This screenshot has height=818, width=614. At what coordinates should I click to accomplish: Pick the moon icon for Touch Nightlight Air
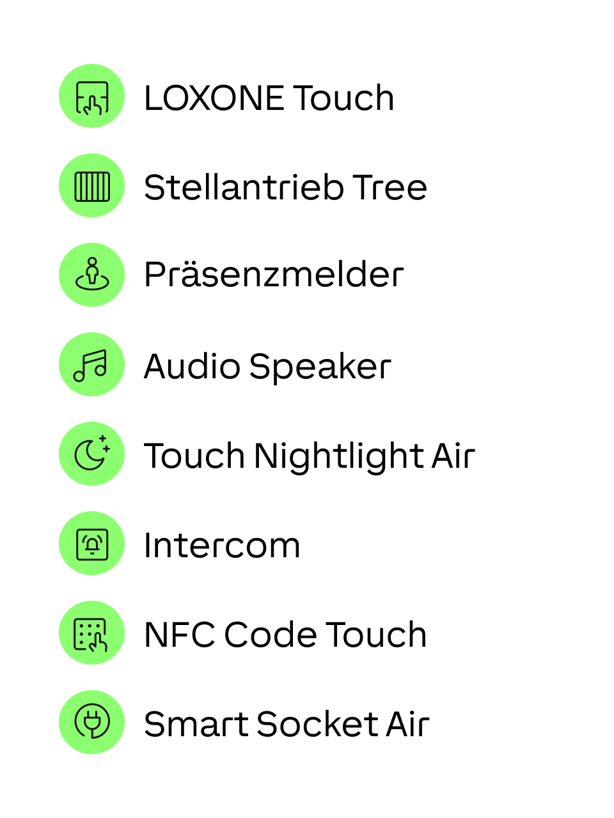click(x=91, y=454)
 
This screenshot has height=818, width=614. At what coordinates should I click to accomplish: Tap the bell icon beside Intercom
click(x=91, y=543)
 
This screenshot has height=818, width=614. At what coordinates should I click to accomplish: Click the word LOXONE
click(x=214, y=98)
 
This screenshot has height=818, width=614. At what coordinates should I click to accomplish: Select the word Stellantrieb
click(x=244, y=187)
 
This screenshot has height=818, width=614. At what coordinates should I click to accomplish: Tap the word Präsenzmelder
click(x=274, y=275)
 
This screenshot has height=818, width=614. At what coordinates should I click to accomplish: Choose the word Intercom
click(x=222, y=545)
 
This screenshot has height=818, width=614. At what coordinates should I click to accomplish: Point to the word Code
click(x=271, y=635)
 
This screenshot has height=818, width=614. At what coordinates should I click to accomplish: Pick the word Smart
click(x=196, y=724)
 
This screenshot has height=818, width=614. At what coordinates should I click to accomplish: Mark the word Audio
click(x=193, y=367)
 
